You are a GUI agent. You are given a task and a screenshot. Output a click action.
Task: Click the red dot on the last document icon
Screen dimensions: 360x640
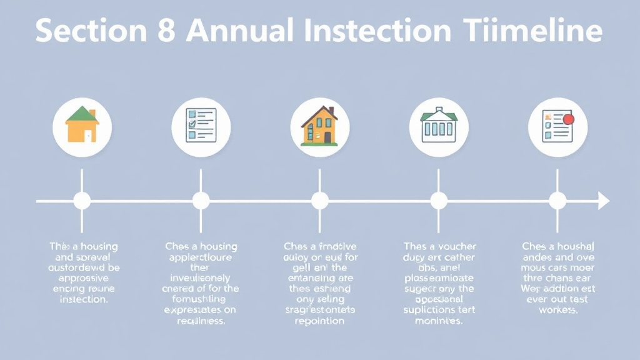tap(568, 119)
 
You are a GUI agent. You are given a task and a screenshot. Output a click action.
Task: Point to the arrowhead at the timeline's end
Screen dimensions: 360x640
tap(603, 201)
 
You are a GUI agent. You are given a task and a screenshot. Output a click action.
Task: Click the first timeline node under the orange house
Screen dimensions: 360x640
tap(82, 201)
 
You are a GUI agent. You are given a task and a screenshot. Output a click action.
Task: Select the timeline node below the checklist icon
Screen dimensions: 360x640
tap(201, 201)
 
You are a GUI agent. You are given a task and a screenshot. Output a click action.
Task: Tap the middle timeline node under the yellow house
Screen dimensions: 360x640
tap(319, 201)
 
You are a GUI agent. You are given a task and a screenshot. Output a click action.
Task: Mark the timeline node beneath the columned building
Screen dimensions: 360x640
tap(438, 201)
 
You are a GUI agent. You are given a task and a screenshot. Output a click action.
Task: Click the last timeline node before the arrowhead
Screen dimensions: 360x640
tap(557, 201)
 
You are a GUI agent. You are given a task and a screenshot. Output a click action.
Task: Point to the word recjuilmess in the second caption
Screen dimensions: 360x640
tap(201, 321)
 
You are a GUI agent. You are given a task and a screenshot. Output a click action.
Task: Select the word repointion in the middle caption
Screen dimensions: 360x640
tap(319, 321)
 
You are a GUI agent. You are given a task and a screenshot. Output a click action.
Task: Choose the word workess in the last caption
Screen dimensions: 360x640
tap(557, 310)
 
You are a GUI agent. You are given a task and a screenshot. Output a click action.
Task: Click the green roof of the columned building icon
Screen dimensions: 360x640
tap(438, 115)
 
